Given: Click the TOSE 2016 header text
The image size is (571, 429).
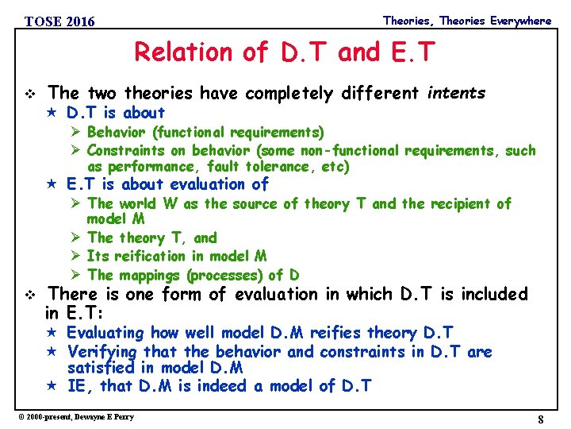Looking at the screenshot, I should pyautogui.click(x=59, y=21).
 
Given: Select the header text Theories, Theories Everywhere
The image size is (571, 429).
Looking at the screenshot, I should pyautogui.click(x=466, y=21).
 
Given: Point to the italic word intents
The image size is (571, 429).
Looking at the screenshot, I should pyautogui.click(x=456, y=93).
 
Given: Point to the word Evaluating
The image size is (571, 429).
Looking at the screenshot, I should pyautogui.click(x=105, y=333).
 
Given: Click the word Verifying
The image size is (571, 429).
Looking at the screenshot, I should pyautogui.click(x=102, y=351).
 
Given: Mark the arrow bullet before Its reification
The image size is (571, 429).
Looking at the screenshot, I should pyautogui.click(x=77, y=256).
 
